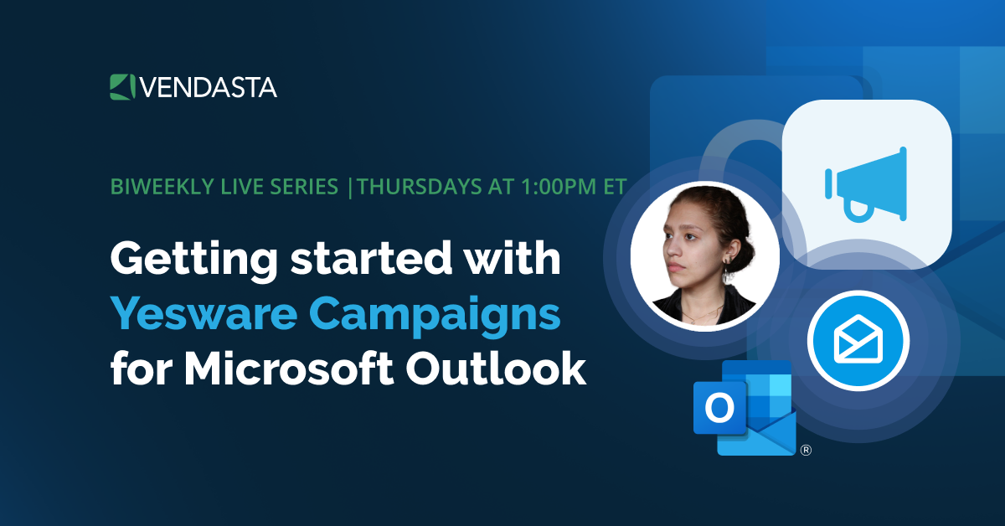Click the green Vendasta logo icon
122,86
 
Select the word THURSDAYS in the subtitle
410,187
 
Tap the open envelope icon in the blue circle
858,340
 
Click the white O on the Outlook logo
719,408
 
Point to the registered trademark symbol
806,450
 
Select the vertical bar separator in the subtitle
350,187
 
